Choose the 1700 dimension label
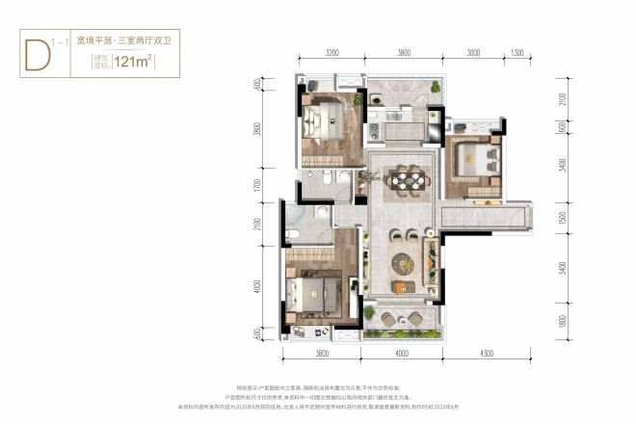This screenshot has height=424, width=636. click(258, 187)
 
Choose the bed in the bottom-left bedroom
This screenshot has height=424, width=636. click(319, 289)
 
